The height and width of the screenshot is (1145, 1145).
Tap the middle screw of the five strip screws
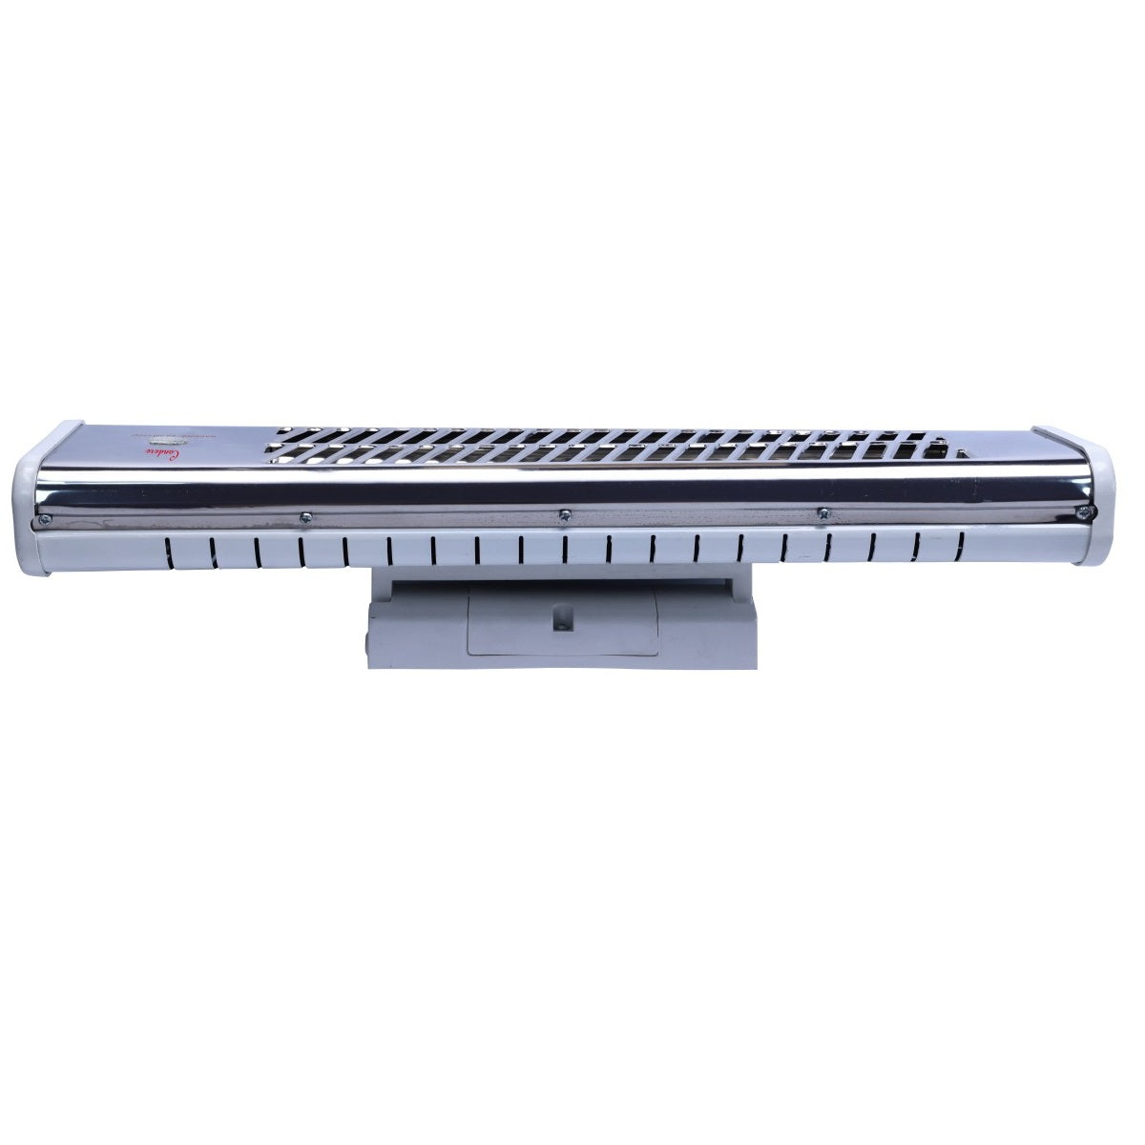564,516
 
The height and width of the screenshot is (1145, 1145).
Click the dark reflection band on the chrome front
563,490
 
